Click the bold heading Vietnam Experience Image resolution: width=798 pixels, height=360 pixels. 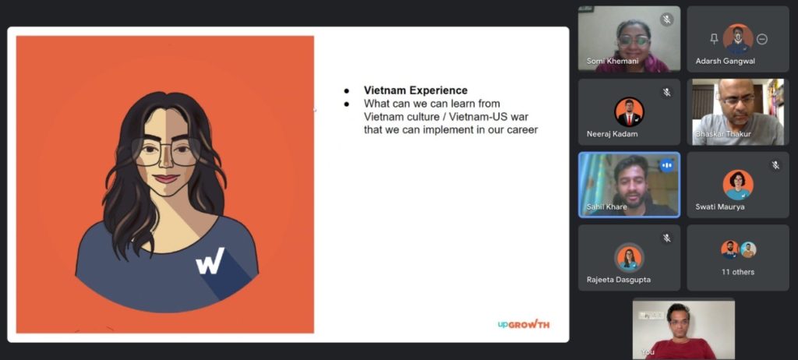pos(415,90)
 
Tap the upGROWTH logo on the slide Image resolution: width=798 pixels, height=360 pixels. pos(524,324)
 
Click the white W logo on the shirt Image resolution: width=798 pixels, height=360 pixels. pos(210,261)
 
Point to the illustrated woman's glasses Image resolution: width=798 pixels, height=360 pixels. pos(166,151)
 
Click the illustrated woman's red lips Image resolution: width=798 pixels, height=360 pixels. pos(166,178)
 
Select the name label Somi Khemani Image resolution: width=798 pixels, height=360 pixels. pos(613,61)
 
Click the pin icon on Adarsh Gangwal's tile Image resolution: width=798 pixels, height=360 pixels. pos(714,39)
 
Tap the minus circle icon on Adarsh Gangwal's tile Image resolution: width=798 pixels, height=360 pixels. pos(762,39)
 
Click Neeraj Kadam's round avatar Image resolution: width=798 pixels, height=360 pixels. pos(629,112)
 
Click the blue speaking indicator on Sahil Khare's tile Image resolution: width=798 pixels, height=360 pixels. pos(667,165)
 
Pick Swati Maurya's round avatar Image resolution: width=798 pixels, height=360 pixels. pos(738,185)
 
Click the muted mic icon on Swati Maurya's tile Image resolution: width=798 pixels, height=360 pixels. pos(775,165)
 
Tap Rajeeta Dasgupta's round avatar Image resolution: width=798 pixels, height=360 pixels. pos(629,258)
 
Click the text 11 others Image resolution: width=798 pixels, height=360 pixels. pos(738,272)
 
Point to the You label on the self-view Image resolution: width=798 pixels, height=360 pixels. pos(648,352)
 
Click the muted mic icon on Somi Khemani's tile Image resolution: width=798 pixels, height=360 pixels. pos(666,19)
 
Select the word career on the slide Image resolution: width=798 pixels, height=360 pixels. pos(522,130)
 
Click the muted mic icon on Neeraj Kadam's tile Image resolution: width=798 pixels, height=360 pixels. pos(666,92)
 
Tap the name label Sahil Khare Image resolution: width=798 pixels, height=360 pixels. pos(606,206)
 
